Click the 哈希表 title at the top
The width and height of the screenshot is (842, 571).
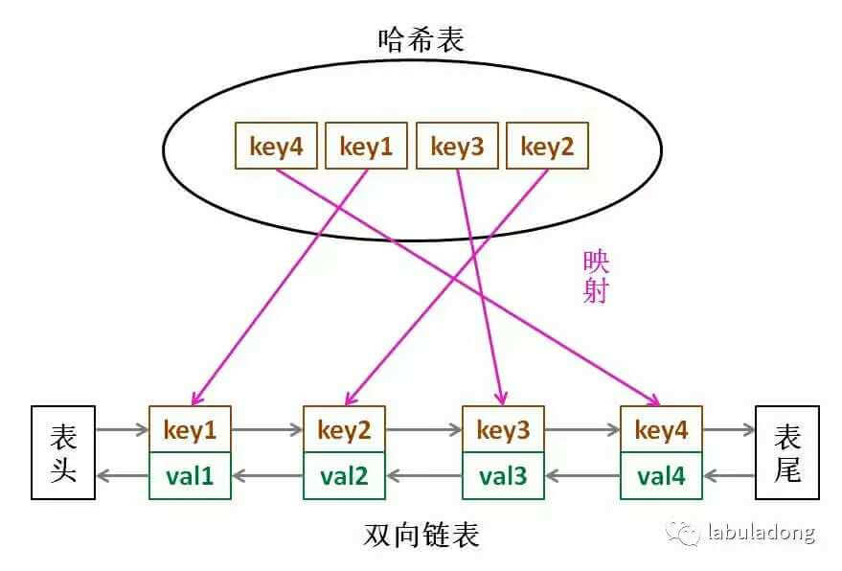pyautogui.click(x=421, y=40)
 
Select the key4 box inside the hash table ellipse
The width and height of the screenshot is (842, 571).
pyautogui.click(x=276, y=147)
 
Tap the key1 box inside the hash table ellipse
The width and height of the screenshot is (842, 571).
pyautogui.click(x=366, y=147)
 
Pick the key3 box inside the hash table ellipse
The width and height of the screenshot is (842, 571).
pyautogui.click(x=457, y=147)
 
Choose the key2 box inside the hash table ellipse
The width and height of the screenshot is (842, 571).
pyautogui.click(x=547, y=147)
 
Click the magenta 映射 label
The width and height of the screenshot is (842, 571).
pyautogui.click(x=595, y=277)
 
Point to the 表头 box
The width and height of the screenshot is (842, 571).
pyautogui.click(x=63, y=453)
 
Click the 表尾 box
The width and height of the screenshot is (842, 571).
pyautogui.click(x=786, y=453)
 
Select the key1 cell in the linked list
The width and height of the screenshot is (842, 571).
pyautogui.click(x=190, y=430)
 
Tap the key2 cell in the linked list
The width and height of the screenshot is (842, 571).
pyautogui.click(x=344, y=430)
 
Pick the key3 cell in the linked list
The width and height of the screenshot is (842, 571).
pyautogui.click(x=503, y=430)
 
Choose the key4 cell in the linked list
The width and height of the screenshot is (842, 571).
pyautogui.click(x=661, y=430)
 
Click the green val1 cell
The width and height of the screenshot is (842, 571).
pyautogui.click(x=190, y=475)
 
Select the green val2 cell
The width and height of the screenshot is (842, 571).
pyautogui.click(x=344, y=475)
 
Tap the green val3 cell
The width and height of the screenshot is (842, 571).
pyautogui.click(x=503, y=475)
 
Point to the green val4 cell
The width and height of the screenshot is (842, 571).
pyautogui.click(x=661, y=475)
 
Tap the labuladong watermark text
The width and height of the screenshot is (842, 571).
pyautogui.click(x=761, y=532)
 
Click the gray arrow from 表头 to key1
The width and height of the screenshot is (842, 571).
pyautogui.click(x=122, y=431)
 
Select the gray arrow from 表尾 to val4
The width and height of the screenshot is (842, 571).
pyautogui.click(x=729, y=474)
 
